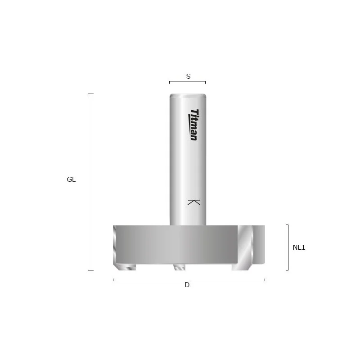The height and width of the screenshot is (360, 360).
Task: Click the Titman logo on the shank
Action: tap(193, 125)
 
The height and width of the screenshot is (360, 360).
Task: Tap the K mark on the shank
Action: tap(193, 202)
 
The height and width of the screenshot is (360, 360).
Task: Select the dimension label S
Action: tap(188, 76)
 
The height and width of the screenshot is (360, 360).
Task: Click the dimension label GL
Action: tap(71, 179)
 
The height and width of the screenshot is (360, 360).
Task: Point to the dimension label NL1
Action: tap(299, 247)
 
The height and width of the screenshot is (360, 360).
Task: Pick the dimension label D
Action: tap(187, 285)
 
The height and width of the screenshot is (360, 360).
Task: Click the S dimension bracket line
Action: tap(187, 81)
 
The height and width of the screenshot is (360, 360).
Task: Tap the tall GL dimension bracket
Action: tap(88, 182)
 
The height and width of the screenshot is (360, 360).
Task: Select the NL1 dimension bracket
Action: tap(288, 247)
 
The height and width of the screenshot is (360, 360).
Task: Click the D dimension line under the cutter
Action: tap(189, 280)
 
